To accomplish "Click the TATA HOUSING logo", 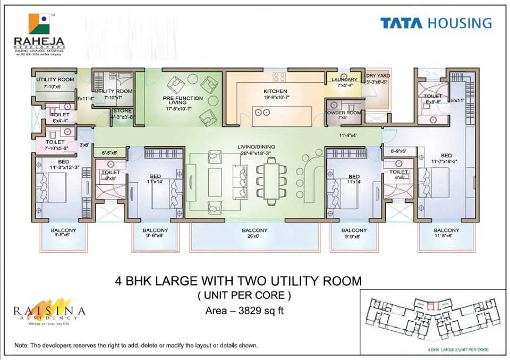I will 436,23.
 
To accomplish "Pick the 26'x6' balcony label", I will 254,233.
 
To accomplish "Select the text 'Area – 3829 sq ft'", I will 244,311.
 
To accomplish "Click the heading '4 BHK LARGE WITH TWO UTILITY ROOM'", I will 238,280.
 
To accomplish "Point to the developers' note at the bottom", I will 136,345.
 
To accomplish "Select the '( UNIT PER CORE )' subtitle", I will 244,295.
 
